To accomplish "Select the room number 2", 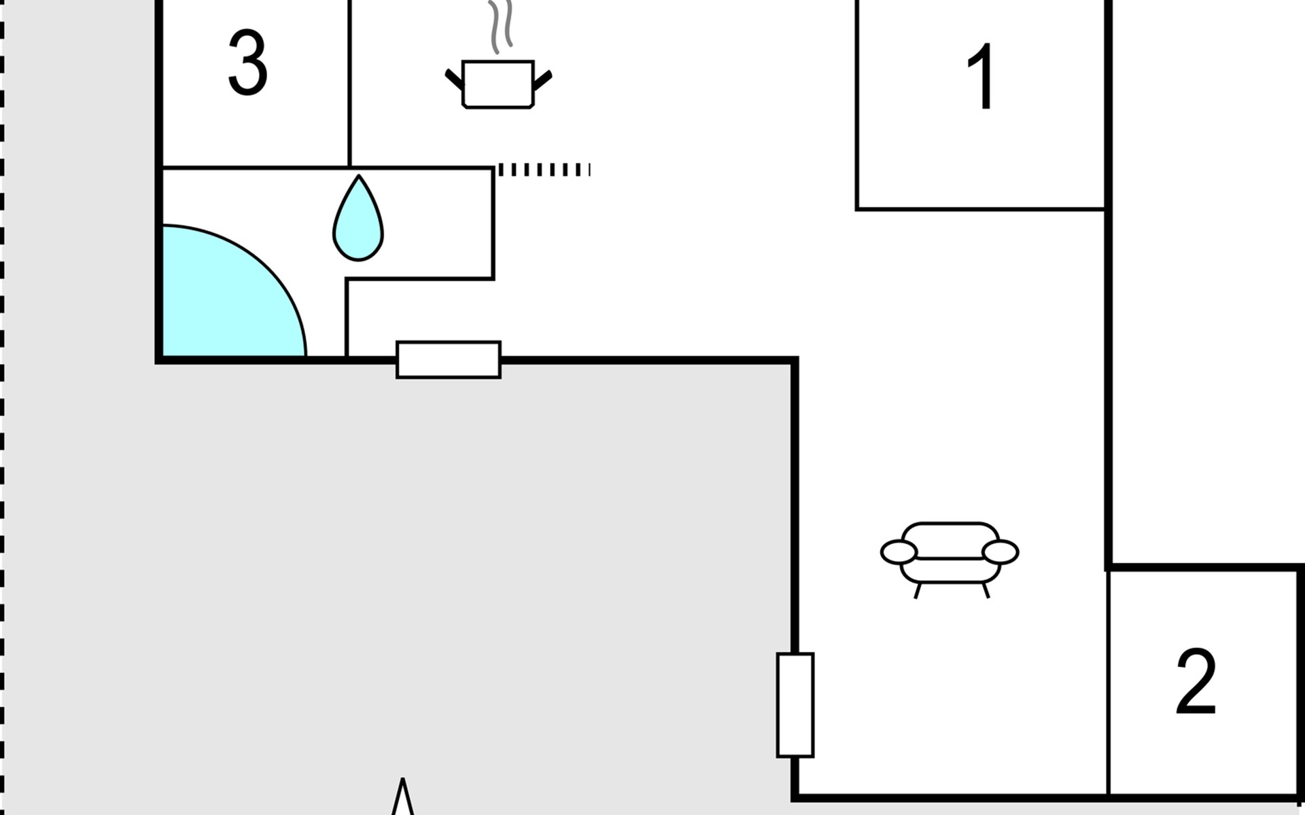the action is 1196,681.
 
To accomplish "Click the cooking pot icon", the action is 498,84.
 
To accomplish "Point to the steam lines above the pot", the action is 501,26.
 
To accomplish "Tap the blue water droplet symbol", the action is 358,218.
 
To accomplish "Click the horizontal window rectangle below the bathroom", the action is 449,360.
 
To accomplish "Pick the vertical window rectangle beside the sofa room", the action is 795,705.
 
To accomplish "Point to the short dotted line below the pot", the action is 544,170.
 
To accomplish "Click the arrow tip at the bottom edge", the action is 403,778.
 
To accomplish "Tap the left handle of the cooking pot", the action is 454,79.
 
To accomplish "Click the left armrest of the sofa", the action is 899,553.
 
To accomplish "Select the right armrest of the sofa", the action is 1000,552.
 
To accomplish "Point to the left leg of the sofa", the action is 917,590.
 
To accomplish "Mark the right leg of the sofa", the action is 986,590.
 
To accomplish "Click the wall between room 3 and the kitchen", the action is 349,83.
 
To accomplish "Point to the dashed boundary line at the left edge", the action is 2,407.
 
